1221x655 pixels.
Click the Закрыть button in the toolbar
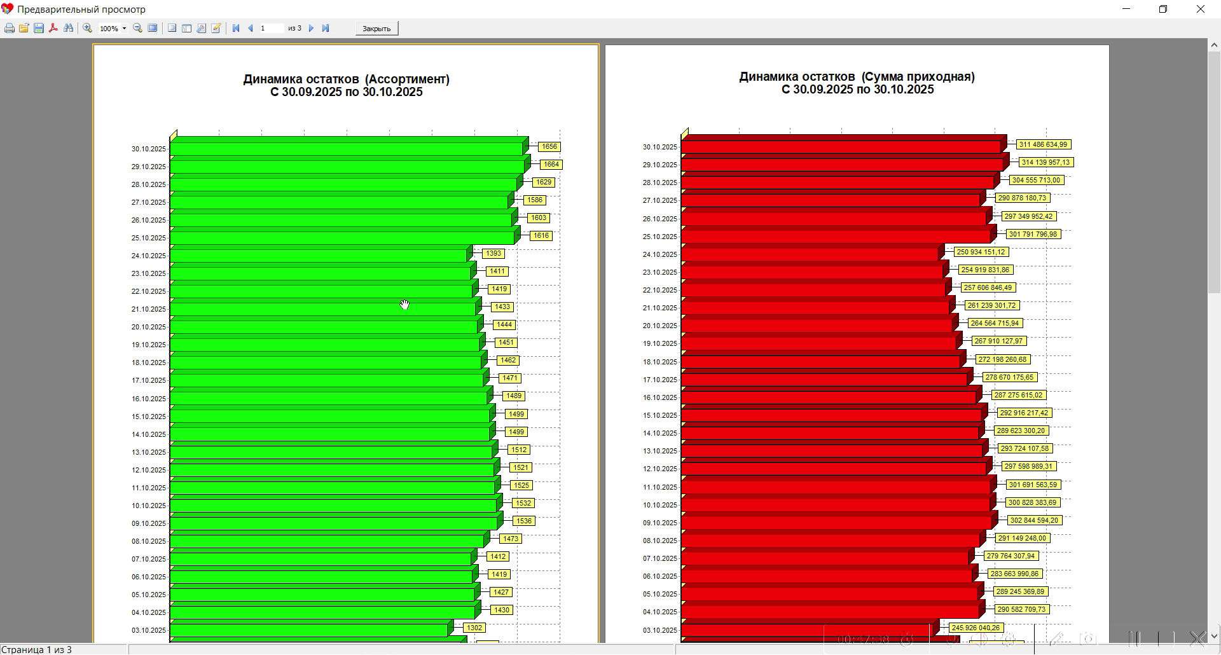coord(376,29)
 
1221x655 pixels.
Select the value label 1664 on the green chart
coord(551,165)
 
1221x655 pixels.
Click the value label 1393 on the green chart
coord(493,254)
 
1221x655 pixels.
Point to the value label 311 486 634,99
coord(1043,145)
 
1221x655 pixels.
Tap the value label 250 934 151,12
coord(981,252)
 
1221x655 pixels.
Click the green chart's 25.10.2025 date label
coord(149,238)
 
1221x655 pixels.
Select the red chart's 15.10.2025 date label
coord(660,416)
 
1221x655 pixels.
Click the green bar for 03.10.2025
coord(308,630)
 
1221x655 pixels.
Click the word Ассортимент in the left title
coord(407,79)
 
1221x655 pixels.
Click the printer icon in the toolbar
coord(10,29)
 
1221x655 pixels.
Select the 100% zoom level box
coord(109,29)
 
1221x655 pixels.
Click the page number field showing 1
coord(271,29)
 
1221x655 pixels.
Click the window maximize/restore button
coord(1163,10)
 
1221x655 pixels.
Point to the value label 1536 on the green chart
coord(523,521)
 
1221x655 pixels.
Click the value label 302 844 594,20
coord(1034,521)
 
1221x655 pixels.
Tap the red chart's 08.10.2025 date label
coord(660,541)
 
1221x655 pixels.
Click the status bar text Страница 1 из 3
coord(36,650)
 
